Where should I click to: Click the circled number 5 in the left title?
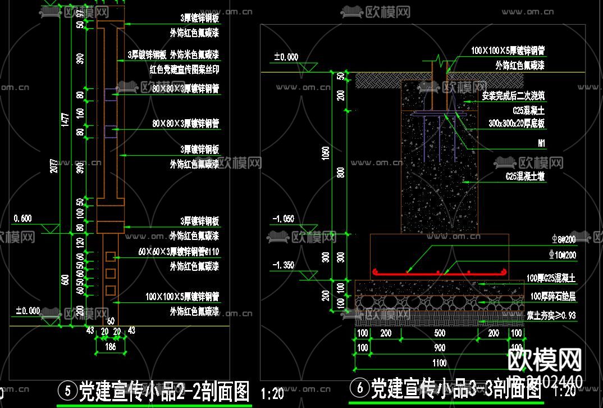(x=68, y=389)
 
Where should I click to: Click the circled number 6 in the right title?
(x=359, y=388)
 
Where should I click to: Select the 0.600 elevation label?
(x=22, y=218)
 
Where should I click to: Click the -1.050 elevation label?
(x=284, y=219)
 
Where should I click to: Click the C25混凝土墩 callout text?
(x=525, y=176)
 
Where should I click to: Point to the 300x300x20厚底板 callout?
(x=517, y=123)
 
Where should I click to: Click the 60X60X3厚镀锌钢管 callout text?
(x=179, y=252)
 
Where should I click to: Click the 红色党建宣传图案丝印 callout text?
(x=184, y=70)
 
